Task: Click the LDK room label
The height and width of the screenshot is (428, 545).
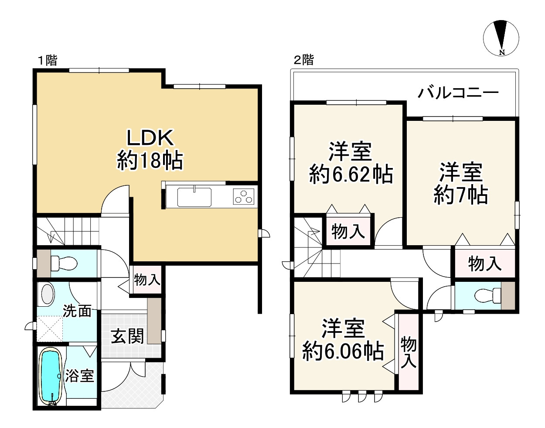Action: point(150,137)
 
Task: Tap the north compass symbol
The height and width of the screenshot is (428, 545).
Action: point(501,38)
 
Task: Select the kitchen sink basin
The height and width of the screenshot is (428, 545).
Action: point(194,197)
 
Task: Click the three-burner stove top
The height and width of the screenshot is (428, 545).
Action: point(243,197)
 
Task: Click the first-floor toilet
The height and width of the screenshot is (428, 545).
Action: point(64,263)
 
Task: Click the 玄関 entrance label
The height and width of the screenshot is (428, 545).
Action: point(127,336)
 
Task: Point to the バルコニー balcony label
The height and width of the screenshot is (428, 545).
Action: point(458,93)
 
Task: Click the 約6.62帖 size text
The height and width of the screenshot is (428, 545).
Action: point(351,174)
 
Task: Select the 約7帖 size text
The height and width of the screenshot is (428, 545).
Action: point(461,195)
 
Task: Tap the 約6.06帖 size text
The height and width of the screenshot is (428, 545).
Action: point(343,351)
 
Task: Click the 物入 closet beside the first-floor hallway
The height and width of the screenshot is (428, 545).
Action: point(147,280)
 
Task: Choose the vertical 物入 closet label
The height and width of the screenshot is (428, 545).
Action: point(408,353)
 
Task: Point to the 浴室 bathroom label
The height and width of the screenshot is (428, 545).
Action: point(79,376)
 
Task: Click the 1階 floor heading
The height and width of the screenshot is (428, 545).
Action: point(48,61)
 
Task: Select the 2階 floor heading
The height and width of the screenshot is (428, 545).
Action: point(304,60)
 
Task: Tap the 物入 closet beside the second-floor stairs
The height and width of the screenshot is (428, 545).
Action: point(348,232)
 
